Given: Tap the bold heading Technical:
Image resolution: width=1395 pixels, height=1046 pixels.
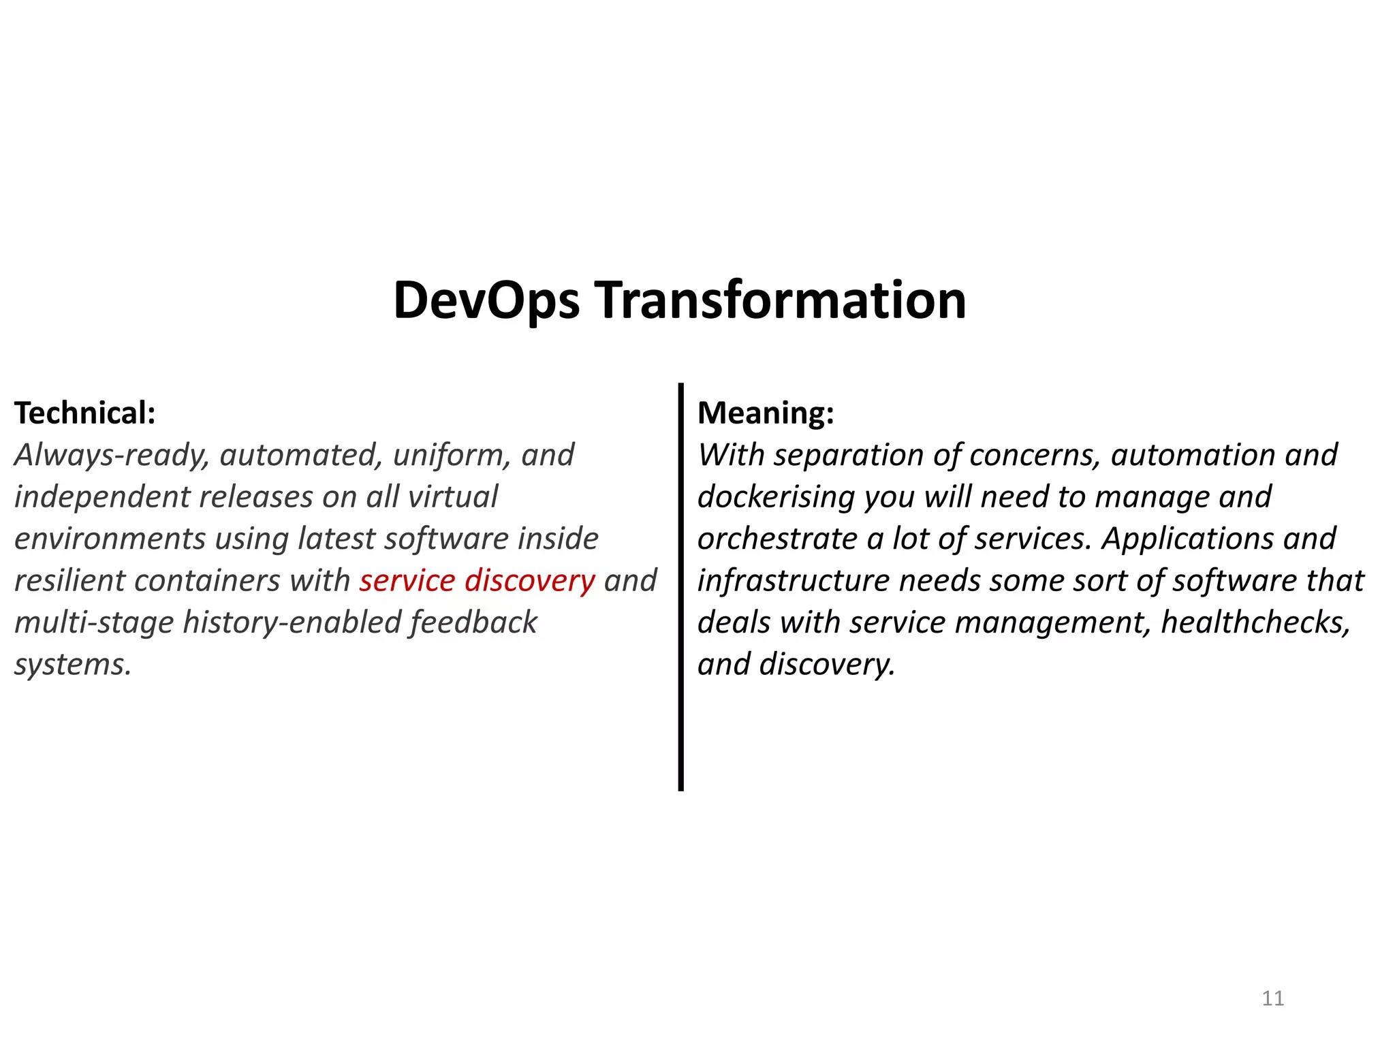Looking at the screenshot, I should coord(85,413).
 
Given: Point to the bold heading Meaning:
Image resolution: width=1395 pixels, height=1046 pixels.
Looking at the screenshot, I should coord(766,413).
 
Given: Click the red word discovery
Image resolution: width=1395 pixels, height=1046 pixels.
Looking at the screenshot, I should coord(530,581).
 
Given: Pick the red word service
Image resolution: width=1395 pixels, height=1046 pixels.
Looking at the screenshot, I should coord(407,581).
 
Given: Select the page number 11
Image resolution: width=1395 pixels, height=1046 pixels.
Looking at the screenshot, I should coord(1272,998).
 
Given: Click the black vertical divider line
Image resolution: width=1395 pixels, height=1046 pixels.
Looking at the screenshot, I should coord(680,586).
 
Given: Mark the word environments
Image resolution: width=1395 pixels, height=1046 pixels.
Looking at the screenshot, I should coord(110,539).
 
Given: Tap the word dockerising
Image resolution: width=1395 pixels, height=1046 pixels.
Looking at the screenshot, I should coord(776,497).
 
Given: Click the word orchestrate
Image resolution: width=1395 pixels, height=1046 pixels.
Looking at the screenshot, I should coord(777,539).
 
